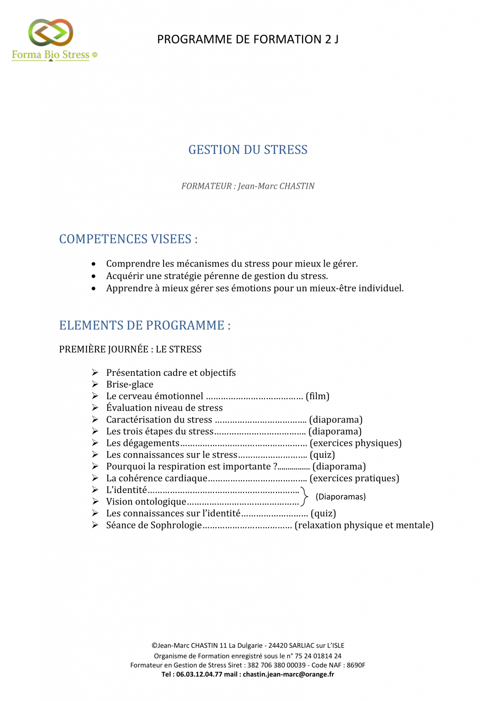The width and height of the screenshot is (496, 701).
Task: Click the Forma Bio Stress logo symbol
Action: coord(51,33)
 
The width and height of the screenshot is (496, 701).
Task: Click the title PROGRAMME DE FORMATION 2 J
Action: coord(248,40)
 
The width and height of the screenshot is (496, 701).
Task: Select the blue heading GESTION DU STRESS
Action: coord(248,150)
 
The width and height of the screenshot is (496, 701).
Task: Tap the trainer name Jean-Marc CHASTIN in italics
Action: coord(276,186)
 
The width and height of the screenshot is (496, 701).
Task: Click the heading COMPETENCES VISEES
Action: coord(128,239)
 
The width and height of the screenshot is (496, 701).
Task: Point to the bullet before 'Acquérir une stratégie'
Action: coord(94,276)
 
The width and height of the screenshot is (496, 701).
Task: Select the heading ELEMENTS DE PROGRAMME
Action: coord(145,325)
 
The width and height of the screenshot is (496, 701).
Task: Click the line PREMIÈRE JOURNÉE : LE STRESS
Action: coord(130,349)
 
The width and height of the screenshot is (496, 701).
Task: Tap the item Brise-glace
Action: coord(129,385)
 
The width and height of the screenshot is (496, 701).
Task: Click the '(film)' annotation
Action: coord(317,396)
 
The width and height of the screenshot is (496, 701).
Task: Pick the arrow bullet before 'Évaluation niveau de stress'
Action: coord(95,408)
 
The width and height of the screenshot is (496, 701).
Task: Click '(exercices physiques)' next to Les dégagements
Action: coord(356,443)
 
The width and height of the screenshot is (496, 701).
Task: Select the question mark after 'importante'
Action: coord(275,467)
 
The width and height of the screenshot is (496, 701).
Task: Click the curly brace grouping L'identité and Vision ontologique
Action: coord(304,496)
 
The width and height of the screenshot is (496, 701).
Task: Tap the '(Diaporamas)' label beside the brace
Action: coord(340,497)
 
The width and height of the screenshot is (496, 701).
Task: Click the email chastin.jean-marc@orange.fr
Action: coord(288,674)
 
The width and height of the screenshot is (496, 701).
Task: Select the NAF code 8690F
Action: coord(356,665)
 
